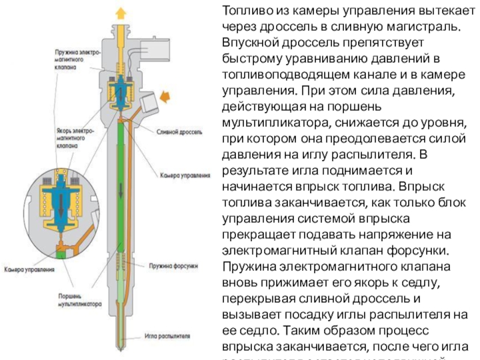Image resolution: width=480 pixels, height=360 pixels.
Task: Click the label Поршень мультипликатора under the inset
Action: tap(78, 300)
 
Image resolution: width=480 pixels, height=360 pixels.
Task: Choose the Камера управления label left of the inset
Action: tap(29, 269)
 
